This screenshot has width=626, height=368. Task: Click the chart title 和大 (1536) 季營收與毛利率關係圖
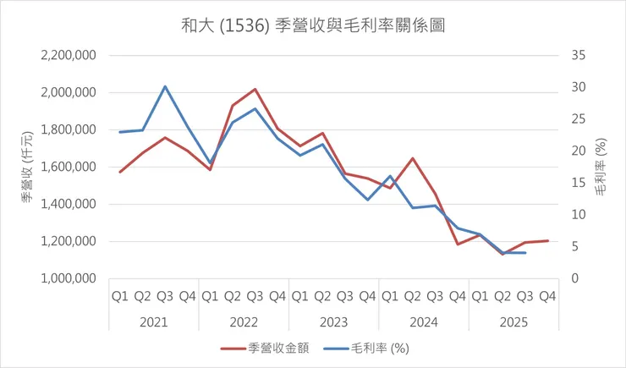[x=313, y=25]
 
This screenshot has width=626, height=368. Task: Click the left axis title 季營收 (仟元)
[x=27, y=167]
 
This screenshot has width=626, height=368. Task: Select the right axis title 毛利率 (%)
[x=600, y=167]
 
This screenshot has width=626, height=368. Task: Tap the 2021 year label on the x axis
[x=153, y=321]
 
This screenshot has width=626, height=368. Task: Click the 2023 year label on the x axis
[x=333, y=321]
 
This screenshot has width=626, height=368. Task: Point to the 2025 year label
[x=513, y=321]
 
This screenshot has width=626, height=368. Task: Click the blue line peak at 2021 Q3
[x=165, y=86]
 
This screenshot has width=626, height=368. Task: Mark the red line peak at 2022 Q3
[x=255, y=89]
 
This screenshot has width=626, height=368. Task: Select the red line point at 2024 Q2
[x=412, y=158]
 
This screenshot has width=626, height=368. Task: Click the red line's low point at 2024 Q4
[x=458, y=244]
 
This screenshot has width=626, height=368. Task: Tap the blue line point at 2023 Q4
[x=367, y=200]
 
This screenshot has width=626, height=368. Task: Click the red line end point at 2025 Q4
[x=547, y=241]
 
